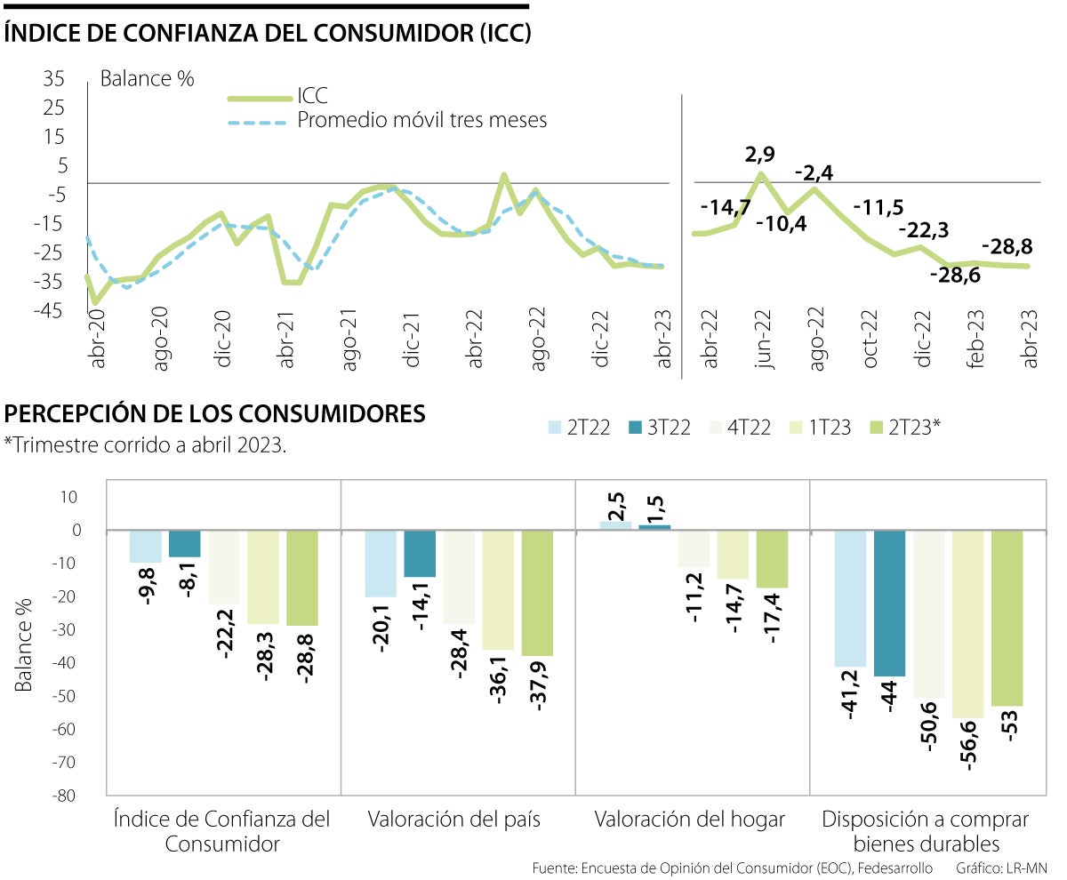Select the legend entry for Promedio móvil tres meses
click(x=421, y=119)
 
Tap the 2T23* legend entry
click(x=894, y=428)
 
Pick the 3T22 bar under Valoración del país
click(x=420, y=554)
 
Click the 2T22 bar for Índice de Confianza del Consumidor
click(x=146, y=547)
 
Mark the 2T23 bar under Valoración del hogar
click(x=773, y=559)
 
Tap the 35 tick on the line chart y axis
click(x=54, y=80)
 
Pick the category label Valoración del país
click(x=454, y=819)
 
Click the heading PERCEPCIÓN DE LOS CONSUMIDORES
click(x=215, y=413)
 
